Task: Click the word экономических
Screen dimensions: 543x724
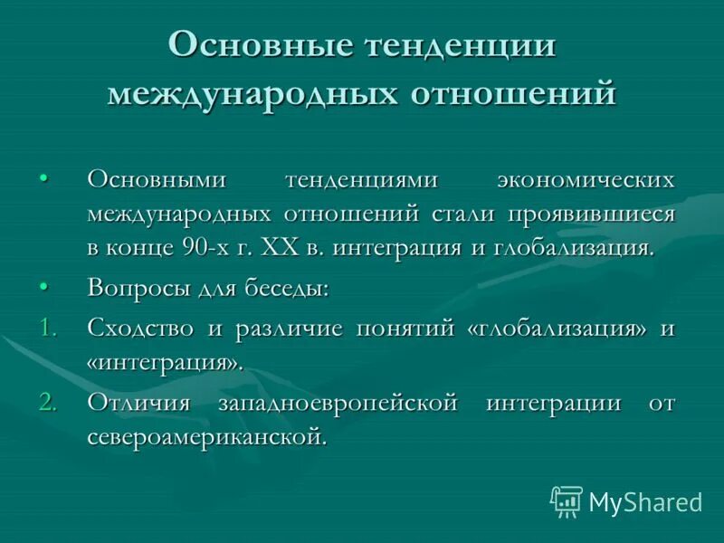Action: click(x=585, y=179)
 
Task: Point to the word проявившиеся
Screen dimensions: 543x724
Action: click(x=591, y=214)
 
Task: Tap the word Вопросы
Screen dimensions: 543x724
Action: click(x=134, y=290)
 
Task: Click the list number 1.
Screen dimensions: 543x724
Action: click(x=48, y=329)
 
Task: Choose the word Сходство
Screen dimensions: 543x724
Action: click(x=140, y=329)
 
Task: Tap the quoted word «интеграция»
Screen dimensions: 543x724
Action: click(x=166, y=363)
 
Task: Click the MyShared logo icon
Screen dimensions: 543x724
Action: click(x=567, y=501)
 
